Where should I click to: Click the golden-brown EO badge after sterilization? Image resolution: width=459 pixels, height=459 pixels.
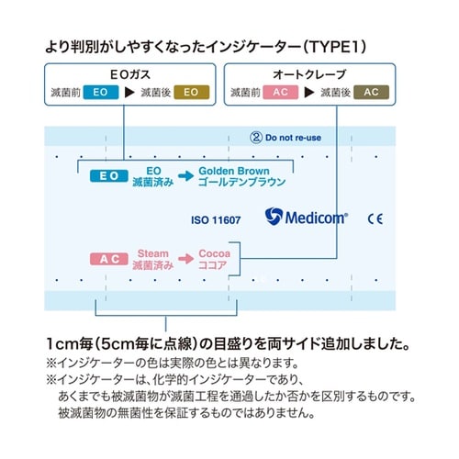point(192,92)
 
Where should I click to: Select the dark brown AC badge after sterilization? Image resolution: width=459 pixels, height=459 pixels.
point(371,92)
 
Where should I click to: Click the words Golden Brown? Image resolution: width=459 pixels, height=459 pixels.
point(233,172)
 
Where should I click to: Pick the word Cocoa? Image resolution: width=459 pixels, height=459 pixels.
point(214,252)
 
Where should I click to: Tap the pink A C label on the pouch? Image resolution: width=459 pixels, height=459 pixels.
point(108,260)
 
